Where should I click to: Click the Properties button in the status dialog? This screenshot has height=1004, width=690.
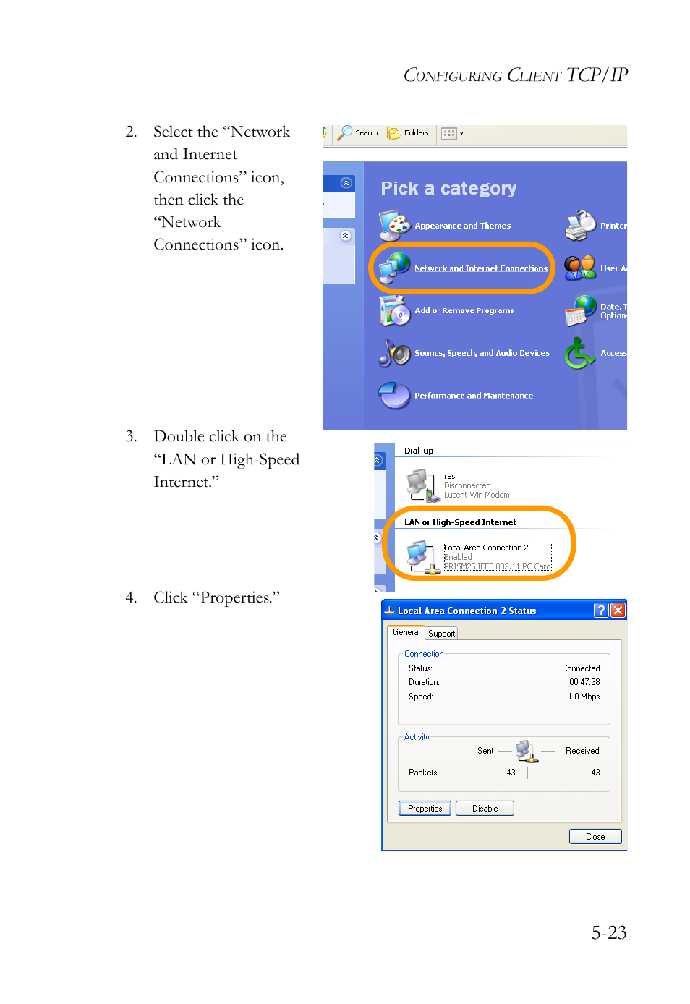coord(425,809)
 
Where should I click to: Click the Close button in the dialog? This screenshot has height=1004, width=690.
coord(595,837)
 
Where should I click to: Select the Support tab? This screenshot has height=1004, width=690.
coord(441,634)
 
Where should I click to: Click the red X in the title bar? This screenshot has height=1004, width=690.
coord(618,611)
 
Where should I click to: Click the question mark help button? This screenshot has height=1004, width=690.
coord(600,611)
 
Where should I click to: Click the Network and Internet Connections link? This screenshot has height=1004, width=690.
coord(480,268)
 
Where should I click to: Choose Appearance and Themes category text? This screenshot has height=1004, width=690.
coord(462,226)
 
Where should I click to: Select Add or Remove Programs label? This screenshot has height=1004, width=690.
coord(464,310)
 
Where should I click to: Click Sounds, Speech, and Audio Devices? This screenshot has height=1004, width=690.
coord(482,353)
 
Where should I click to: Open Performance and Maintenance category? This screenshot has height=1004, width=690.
coord(473,396)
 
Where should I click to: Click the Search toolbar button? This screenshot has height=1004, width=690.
coord(359,133)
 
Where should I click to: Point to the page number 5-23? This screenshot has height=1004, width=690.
coord(608,933)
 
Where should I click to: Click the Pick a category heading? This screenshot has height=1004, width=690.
coord(448,189)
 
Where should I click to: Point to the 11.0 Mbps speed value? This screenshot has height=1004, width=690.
coord(581,697)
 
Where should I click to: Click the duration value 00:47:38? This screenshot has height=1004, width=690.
coord(584,682)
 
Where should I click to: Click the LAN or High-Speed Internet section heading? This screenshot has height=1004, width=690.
coord(460,522)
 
